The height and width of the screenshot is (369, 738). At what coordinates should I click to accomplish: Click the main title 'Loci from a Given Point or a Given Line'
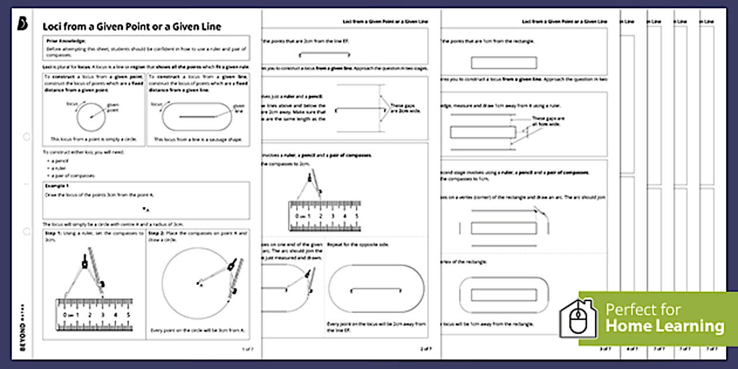pos(132,27)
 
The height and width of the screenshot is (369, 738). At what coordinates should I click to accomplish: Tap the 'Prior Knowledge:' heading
pos(66,41)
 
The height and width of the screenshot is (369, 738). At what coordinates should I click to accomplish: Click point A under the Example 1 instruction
pos(145,209)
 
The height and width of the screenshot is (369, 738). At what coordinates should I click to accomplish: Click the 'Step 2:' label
pos(157,233)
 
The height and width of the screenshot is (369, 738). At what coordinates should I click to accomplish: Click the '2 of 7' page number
pos(425,349)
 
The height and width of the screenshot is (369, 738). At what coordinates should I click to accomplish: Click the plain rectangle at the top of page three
pos(504,62)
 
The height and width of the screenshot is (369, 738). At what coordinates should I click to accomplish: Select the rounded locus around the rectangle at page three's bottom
pos(504,294)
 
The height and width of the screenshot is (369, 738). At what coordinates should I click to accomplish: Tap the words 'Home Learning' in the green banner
pos(665,326)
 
